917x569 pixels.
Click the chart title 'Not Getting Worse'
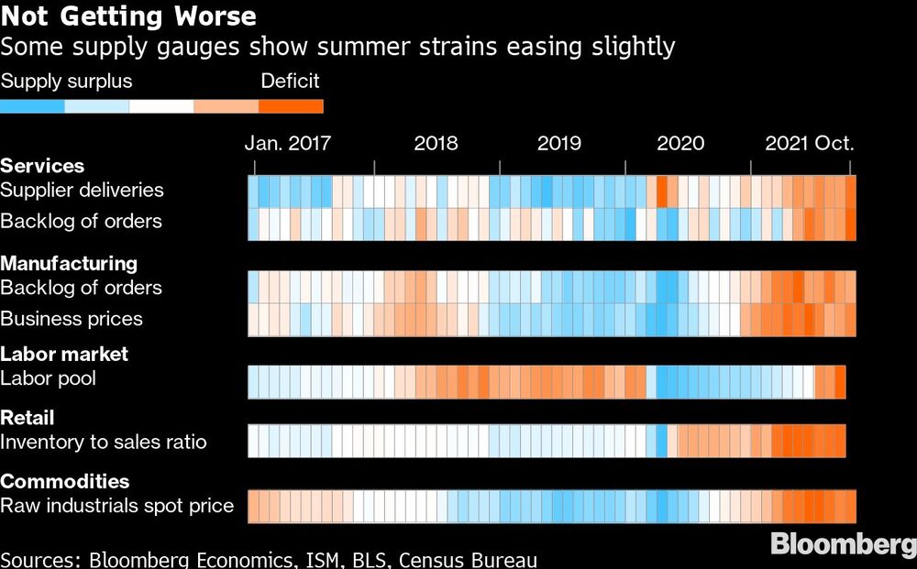(x=128, y=16)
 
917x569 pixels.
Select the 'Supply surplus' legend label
(x=66, y=81)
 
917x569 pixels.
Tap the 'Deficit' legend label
(x=290, y=81)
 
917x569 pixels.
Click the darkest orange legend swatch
(x=291, y=106)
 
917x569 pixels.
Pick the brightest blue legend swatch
(x=33, y=106)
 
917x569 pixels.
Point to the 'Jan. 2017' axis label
(x=287, y=144)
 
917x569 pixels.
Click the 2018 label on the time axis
(x=436, y=144)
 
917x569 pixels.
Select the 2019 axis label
(x=558, y=144)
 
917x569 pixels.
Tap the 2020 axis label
(x=680, y=144)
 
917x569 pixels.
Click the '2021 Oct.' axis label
(x=810, y=144)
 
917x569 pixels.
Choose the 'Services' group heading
(x=42, y=166)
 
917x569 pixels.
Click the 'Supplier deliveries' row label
(x=82, y=191)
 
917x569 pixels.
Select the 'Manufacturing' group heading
(x=69, y=264)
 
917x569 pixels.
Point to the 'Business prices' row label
(x=72, y=319)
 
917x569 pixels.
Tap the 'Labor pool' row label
(x=48, y=378)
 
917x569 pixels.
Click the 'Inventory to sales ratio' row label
(x=104, y=443)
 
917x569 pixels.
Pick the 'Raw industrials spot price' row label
(x=117, y=506)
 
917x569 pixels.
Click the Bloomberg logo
(x=842, y=544)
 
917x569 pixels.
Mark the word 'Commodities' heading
(x=64, y=481)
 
